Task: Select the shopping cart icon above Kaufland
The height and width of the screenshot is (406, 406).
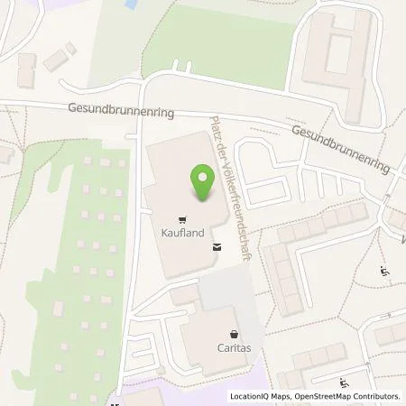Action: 182,218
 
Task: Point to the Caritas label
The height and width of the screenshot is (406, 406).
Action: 234,346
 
